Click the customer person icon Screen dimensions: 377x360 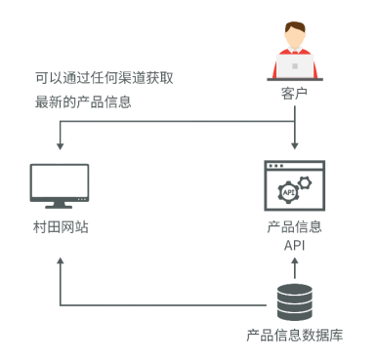pyautogui.click(x=295, y=51)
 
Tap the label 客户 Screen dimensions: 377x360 pyautogui.click(x=294, y=94)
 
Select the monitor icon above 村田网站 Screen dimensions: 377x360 pyautogui.click(x=60, y=186)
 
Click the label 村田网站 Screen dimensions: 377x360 pyautogui.click(x=61, y=227)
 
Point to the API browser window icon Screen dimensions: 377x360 pyautogui.click(x=294, y=185)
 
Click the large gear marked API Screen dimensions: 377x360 pyautogui.click(x=288, y=192)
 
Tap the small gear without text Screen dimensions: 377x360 pyautogui.click(x=305, y=182)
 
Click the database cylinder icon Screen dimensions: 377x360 pyautogui.click(x=295, y=302)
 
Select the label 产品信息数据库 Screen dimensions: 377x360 pyautogui.click(x=294, y=335)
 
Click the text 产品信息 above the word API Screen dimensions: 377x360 pyautogui.click(x=294, y=227)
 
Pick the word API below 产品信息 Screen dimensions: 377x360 pyautogui.click(x=294, y=245)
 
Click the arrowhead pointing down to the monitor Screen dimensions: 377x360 pyautogui.click(x=60, y=146)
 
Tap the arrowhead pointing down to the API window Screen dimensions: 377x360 pyautogui.click(x=295, y=145)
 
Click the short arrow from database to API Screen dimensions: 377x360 pyautogui.click(x=295, y=268)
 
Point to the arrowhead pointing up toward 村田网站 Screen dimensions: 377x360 pyautogui.click(x=61, y=261)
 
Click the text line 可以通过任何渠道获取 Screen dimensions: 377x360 pyautogui.click(x=105, y=78)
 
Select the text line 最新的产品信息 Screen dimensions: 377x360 pyautogui.click(x=83, y=101)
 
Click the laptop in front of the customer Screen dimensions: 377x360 pyautogui.click(x=295, y=66)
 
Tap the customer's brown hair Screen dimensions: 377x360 pyautogui.click(x=295, y=26)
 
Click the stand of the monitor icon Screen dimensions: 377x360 pyautogui.click(x=59, y=205)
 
